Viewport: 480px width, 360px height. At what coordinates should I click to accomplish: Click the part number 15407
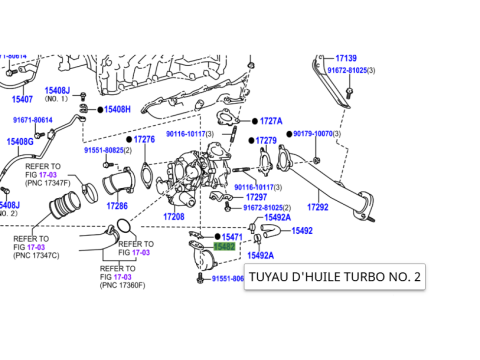pyautogui.click(x=22, y=99)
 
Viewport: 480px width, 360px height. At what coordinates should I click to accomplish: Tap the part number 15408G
pyautogui.click(x=20, y=142)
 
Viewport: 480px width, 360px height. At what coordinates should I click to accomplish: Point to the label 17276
pyautogui.click(x=144, y=139)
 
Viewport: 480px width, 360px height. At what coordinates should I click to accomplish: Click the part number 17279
pyautogui.click(x=266, y=141)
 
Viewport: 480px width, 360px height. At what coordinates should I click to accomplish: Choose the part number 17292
pyautogui.click(x=317, y=207)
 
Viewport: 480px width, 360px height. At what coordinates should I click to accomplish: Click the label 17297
pyautogui.click(x=256, y=197)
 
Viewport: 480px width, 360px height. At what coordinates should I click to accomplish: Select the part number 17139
pyautogui.click(x=346, y=59)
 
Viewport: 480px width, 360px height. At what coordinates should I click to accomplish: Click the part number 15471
pyautogui.click(x=232, y=236)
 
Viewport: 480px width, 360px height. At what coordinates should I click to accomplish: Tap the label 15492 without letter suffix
pyautogui.click(x=302, y=230)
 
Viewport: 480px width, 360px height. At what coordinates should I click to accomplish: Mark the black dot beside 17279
pyautogui.click(x=250, y=141)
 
